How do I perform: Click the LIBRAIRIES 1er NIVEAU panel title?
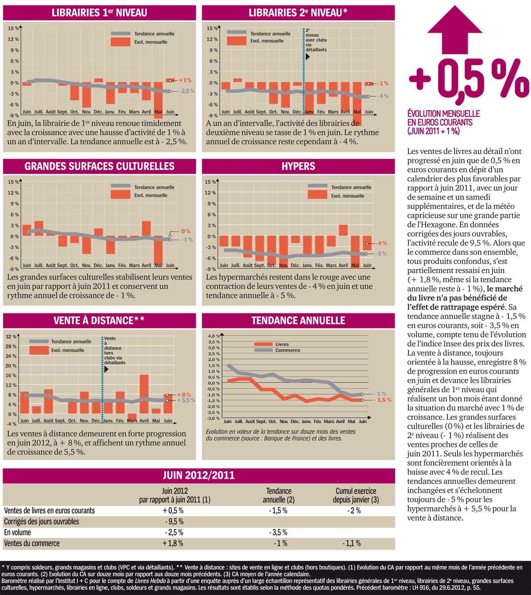point(99,13)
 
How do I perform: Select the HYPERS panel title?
point(298,166)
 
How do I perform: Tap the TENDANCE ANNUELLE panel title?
point(298,320)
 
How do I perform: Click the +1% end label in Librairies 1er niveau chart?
point(185,80)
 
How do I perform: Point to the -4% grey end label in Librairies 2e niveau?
point(383,96)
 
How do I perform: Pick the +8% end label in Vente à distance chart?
point(184,394)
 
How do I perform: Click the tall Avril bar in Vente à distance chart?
point(144,394)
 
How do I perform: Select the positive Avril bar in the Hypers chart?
point(343,230)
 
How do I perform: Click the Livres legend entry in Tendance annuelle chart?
point(281,344)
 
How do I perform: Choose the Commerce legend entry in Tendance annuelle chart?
point(287,350)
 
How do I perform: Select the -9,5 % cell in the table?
point(173,521)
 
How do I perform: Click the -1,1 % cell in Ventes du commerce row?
point(351,543)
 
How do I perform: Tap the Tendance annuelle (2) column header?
point(278,495)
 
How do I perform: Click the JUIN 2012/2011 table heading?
point(198,475)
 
